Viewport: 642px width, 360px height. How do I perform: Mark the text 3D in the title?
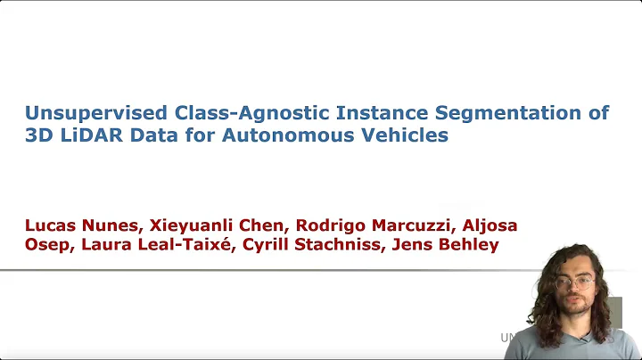pos(41,137)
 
